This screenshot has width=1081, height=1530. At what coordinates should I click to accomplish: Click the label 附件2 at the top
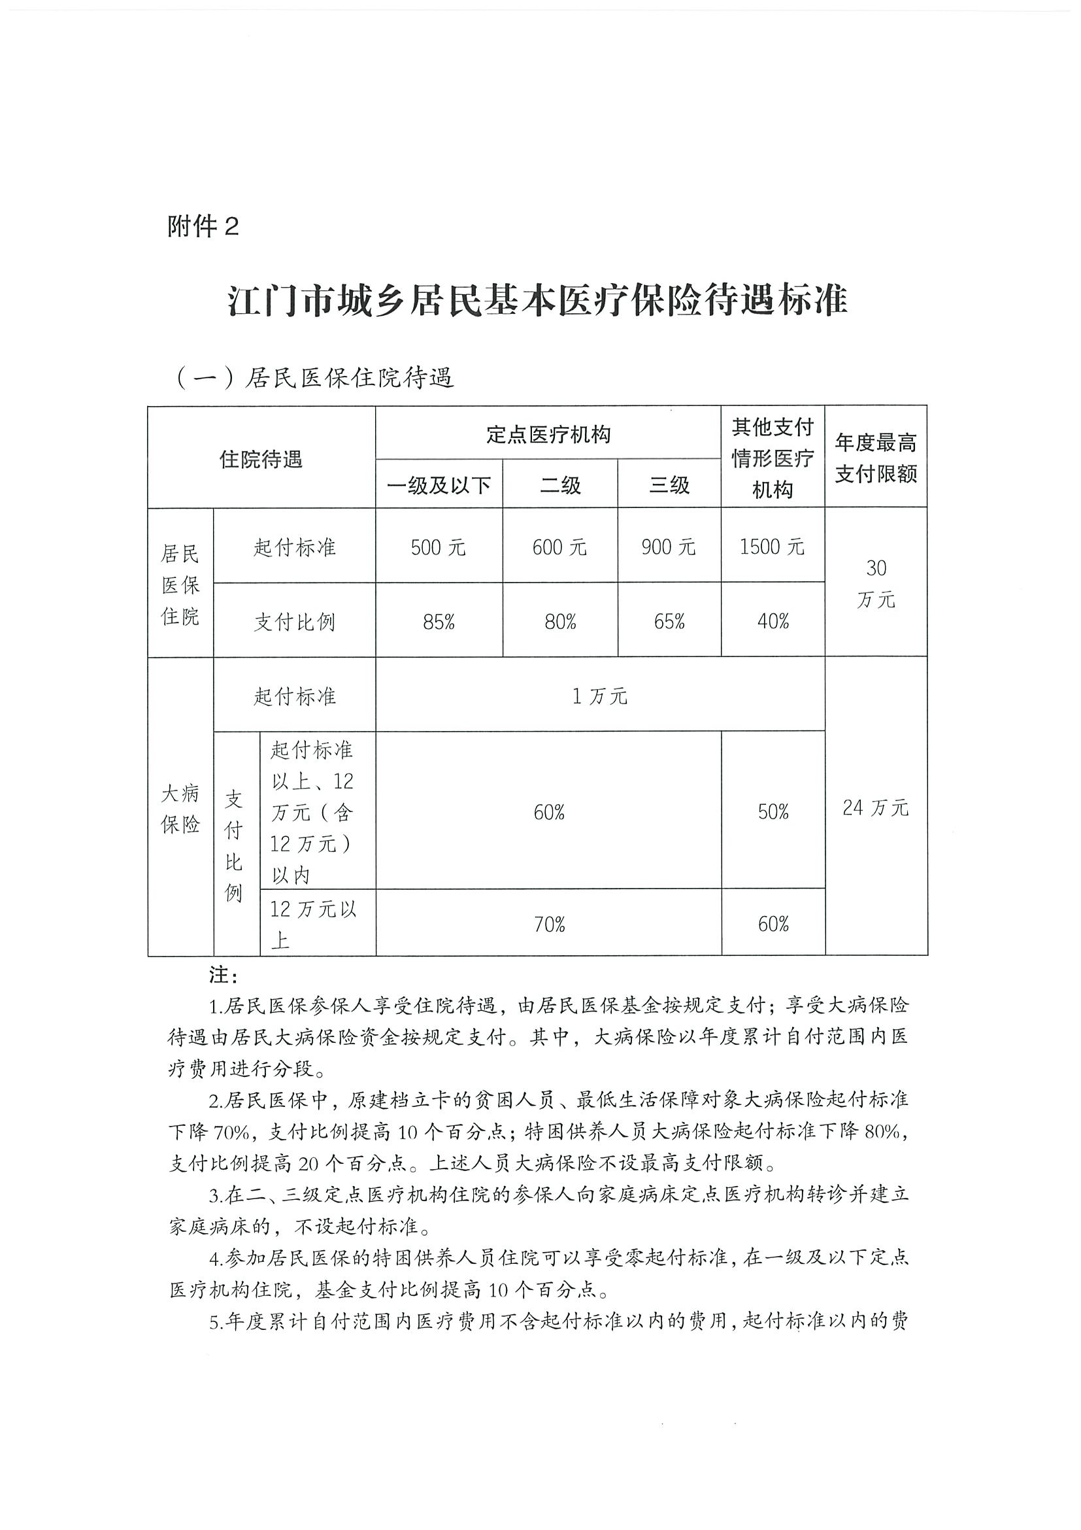(203, 228)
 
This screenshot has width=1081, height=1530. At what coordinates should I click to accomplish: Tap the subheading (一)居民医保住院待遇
(314, 378)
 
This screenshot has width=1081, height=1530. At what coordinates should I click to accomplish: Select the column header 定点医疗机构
(548, 434)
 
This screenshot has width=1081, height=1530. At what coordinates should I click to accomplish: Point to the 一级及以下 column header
(439, 485)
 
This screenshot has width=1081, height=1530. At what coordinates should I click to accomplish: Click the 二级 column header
(560, 485)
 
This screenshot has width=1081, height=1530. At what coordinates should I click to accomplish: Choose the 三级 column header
(669, 485)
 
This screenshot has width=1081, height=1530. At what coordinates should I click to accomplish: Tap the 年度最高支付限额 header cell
(876, 458)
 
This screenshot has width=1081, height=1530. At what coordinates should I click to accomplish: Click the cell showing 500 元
(439, 548)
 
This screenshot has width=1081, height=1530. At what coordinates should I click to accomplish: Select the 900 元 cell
(669, 548)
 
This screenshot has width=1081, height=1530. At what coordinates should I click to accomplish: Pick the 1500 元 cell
(772, 547)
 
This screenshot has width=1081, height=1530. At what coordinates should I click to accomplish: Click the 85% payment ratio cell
(439, 622)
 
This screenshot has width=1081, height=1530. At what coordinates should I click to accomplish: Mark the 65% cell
(669, 622)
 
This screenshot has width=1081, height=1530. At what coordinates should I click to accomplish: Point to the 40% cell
(773, 622)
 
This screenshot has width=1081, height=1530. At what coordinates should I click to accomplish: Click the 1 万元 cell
(599, 696)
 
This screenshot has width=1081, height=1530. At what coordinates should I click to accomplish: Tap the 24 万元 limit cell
(875, 808)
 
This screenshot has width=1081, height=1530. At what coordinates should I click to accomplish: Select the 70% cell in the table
(549, 925)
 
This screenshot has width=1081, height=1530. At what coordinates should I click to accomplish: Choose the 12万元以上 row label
(313, 924)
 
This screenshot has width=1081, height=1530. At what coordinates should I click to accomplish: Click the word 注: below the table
(222, 976)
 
